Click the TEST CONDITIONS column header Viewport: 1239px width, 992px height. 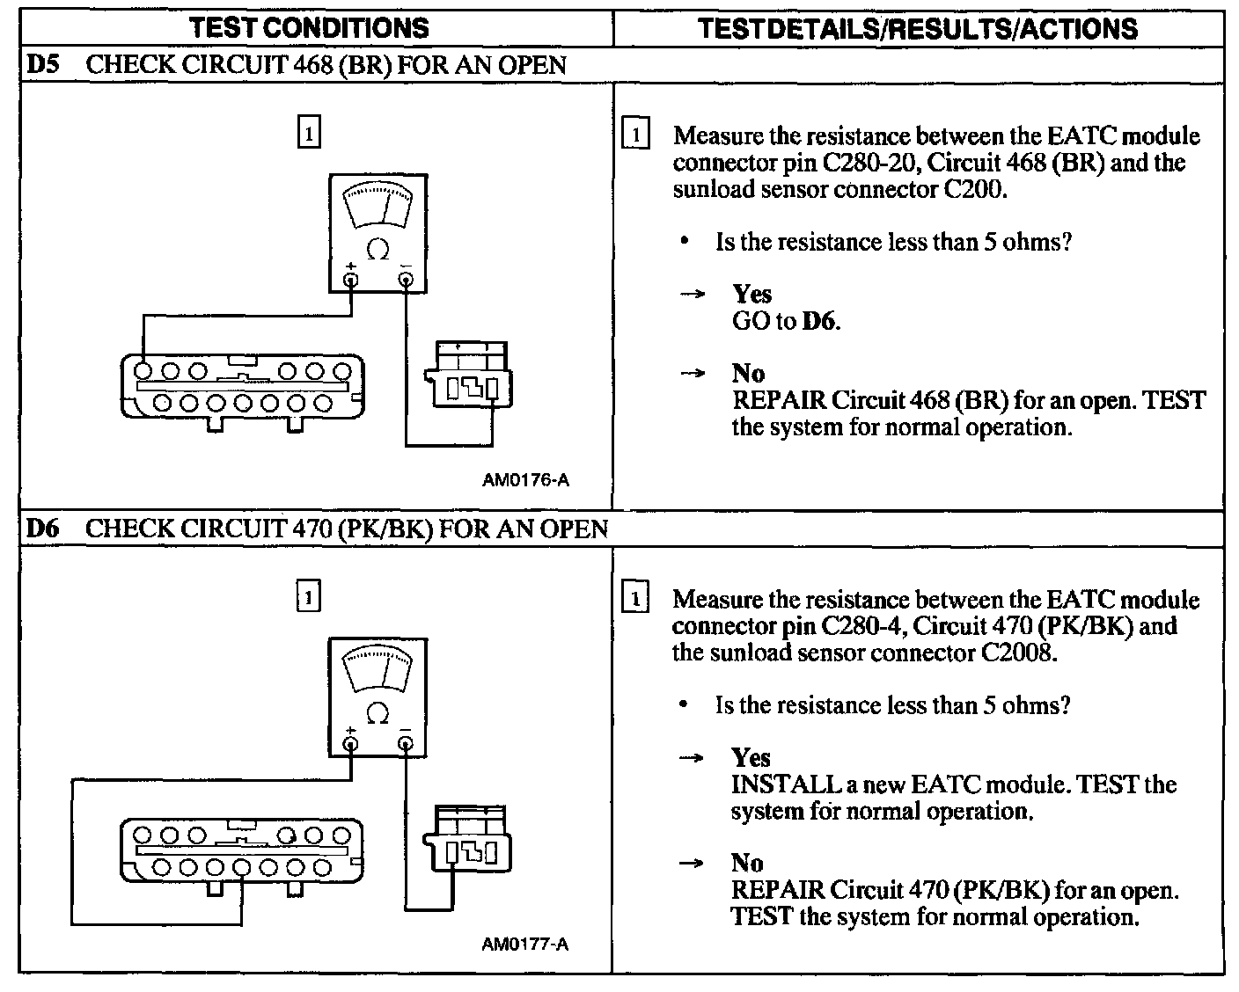coord(309,28)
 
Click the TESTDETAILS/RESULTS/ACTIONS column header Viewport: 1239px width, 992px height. coord(918,28)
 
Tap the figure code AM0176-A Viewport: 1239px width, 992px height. coord(525,480)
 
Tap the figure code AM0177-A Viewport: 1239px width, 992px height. coord(525,945)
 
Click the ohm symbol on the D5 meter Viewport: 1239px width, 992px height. coord(378,250)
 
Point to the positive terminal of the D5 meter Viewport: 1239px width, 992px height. coord(351,280)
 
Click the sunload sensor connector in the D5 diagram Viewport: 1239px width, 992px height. coord(467,376)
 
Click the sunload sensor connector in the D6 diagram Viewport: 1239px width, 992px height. coord(467,841)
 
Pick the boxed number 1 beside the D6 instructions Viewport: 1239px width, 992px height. coord(634,600)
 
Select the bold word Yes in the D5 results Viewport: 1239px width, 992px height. coord(751,294)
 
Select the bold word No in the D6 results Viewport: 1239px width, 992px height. coord(747,863)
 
